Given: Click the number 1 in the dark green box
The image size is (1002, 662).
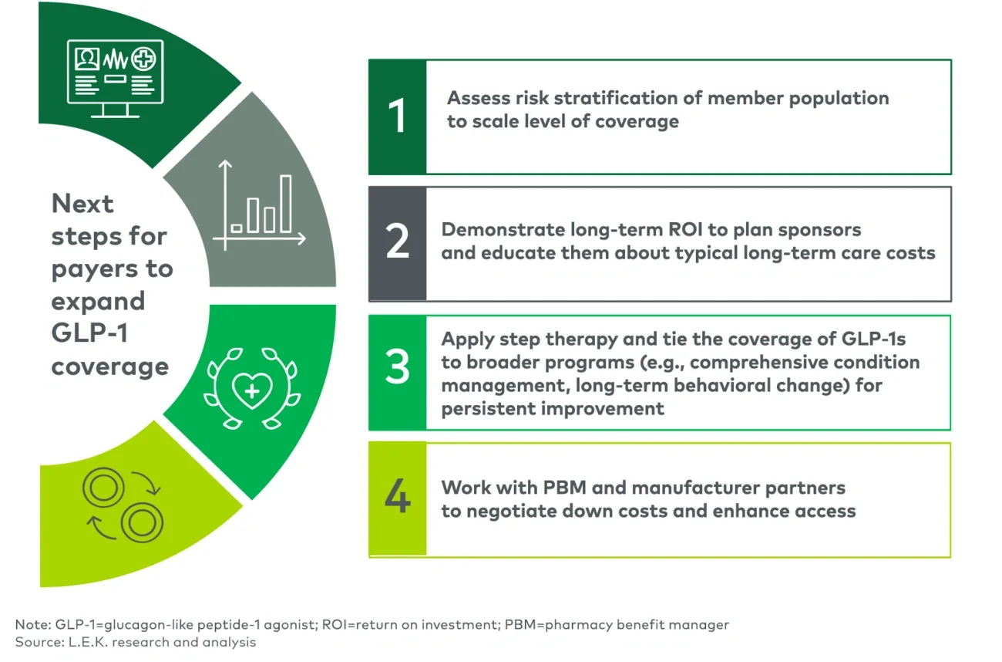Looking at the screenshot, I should coord(397,117).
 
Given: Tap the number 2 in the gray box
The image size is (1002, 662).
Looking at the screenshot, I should coord(397,242).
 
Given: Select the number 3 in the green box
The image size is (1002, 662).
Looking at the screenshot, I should coord(397,369).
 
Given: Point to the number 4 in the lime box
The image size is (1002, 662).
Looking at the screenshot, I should coord(397,498).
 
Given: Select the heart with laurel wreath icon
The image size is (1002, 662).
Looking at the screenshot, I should coord(251,389).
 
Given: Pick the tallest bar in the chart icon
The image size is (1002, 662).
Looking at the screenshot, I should coord(286,204).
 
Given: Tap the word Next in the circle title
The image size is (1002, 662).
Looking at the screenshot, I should coord(82,204).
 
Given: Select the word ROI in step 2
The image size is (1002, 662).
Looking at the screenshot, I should coord(707,230).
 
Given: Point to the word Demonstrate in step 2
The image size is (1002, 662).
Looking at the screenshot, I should coord(503,230).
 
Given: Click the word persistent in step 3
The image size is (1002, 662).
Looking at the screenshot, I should coord(488,408).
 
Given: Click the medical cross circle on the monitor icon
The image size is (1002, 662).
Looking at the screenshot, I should coord(143,59).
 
